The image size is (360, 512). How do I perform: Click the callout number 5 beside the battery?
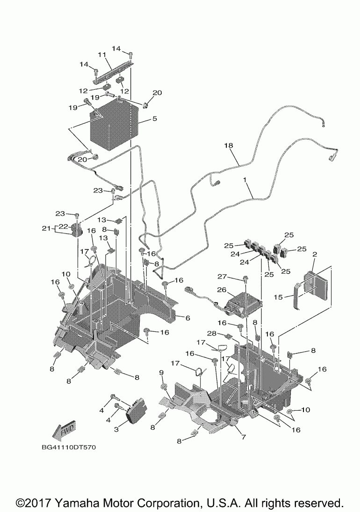(x=154, y=118)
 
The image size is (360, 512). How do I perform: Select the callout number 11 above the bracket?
(x=101, y=55)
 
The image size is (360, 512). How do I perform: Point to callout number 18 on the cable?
(x=228, y=145)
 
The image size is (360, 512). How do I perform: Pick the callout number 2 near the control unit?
(x=314, y=255)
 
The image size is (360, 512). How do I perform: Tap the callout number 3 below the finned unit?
(x=116, y=430)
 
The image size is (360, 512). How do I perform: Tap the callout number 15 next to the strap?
(x=278, y=297)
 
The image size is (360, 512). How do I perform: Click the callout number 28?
(x=212, y=333)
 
